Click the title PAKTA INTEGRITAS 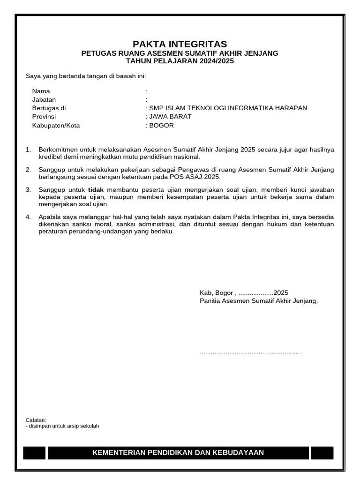[x=180, y=44]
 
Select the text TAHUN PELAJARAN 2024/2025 [x=180, y=61]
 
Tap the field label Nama [x=41, y=91]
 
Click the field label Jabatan [x=44, y=99]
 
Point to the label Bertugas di [x=49, y=108]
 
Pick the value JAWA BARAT [x=170, y=116]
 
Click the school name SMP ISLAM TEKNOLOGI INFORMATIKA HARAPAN [x=228, y=108]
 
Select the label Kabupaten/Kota [x=56, y=125]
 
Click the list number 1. [x=28, y=150]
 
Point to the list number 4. [x=28, y=217]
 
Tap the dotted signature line [x=251, y=352]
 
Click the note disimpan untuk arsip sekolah [x=63, y=426]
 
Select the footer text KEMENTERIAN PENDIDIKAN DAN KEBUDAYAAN [x=178, y=452]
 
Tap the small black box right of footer [x=322, y=452]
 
